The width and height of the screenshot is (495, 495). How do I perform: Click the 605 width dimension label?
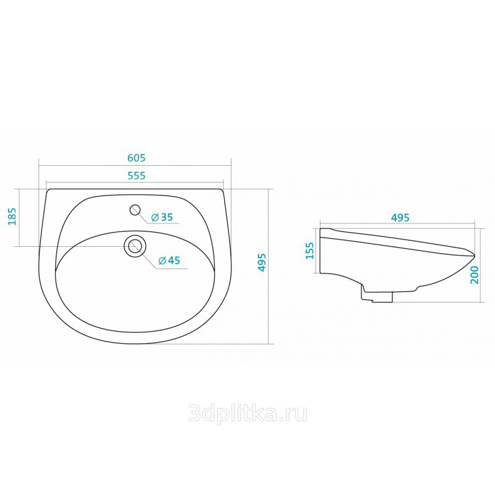pos(136,158)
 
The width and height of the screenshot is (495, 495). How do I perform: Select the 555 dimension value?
pos(136,175)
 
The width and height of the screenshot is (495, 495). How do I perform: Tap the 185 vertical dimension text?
pos(12,216)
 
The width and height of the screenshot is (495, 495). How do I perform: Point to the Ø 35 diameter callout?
pos(161,217)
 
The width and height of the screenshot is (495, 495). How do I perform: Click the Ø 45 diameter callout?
pos(169,260)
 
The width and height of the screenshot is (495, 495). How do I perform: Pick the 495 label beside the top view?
pos(262,262)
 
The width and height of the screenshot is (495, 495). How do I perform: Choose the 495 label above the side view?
pos(400,218)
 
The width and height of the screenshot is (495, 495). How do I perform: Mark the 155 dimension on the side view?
pos(311,251)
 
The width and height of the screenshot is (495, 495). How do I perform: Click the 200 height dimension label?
pos(475,275)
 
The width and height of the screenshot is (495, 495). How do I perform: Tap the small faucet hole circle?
pos(135,210)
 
